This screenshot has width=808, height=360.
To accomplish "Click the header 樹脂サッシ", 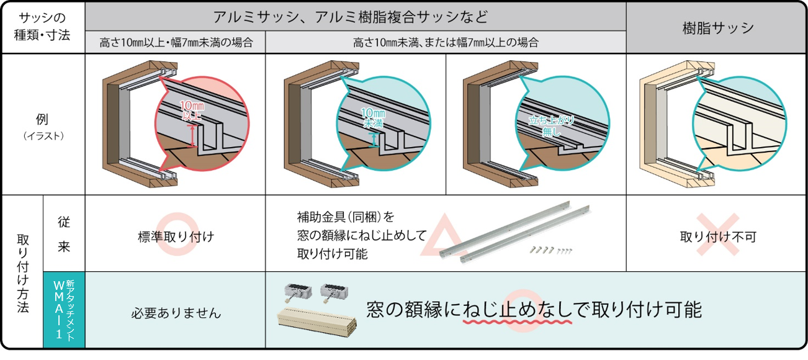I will tap(717, 28).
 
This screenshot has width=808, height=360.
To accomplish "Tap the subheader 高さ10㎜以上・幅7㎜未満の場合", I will tap(176, 43).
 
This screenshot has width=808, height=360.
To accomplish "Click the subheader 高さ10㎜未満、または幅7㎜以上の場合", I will tap(445, 43).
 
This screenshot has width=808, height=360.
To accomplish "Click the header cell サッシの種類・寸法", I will tap(42, 27).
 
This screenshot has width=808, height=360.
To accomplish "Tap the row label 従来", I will tap(64, 234).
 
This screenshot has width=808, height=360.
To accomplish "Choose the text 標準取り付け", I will tap(176, 236).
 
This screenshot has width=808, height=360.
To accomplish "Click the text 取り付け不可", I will tap(717, 236).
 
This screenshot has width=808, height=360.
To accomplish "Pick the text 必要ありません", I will tap(176, 313).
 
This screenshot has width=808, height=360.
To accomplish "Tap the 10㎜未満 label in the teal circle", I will tap(373, 118).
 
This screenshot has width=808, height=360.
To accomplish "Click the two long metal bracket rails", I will tap(516, 232).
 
